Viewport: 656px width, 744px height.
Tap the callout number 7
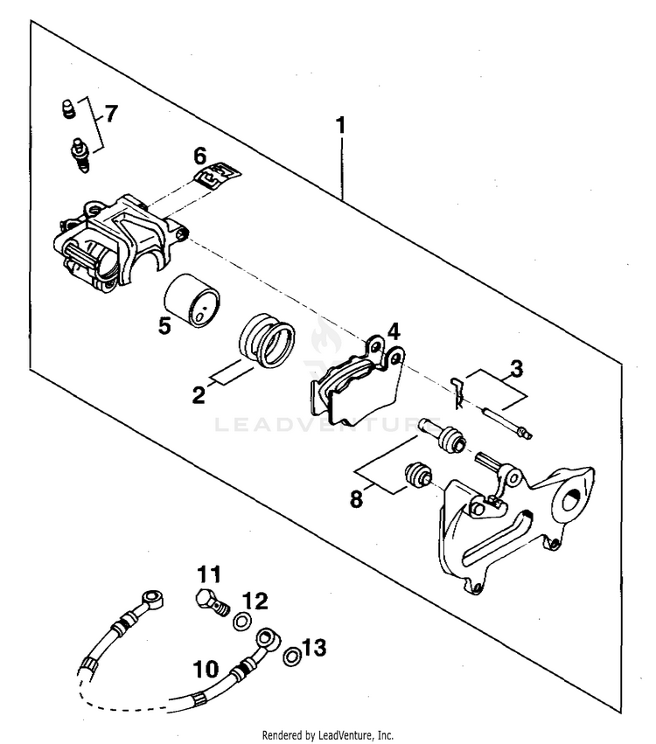pos(110,114)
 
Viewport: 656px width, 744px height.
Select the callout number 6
pos(200,156)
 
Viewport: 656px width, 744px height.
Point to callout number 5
pos(164,326)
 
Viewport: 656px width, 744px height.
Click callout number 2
pos(199,395)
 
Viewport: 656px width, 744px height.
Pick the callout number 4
pos(394,331)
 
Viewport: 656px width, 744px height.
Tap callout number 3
pos(517,368)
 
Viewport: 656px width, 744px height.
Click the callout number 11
pos(207,574)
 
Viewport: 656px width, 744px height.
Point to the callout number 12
pos(255,601)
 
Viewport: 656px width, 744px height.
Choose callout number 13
pos(314,648)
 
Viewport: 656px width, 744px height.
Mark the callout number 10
pos(206,670)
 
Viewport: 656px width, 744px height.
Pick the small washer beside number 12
pos(242,622)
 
